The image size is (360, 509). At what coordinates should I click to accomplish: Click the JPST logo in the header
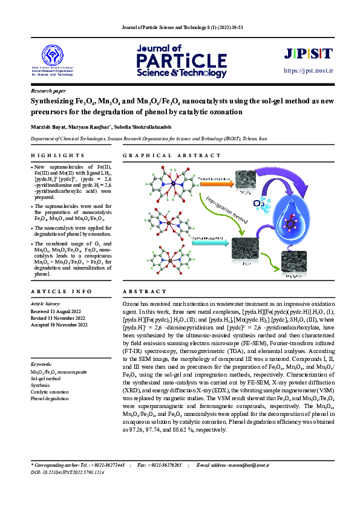tap(308, 53)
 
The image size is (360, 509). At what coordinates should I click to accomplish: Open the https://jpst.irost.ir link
tap(309, 71)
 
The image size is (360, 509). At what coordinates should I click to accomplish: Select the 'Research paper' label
tap(48, 90)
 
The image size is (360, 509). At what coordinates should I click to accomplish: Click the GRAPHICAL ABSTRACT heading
tap(172, 155)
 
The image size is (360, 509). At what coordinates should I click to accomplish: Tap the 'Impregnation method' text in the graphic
tap(223, 211)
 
